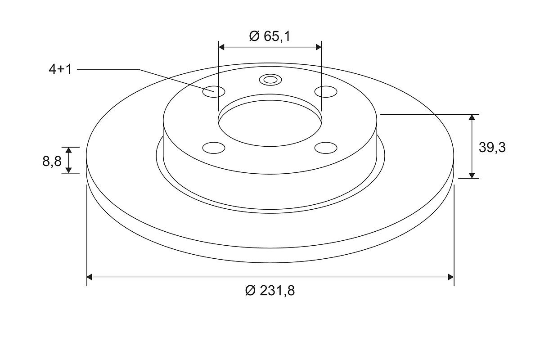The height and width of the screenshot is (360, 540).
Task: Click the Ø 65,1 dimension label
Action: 270,36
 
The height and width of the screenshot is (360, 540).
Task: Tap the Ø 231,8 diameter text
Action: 270,290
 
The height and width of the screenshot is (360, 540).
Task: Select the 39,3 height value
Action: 492,147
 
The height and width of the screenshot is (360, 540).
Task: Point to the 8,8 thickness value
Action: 52,161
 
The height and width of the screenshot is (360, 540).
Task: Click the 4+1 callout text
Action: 60,69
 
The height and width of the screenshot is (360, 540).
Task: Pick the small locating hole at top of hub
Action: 270,80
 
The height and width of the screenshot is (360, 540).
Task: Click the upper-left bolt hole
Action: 214,92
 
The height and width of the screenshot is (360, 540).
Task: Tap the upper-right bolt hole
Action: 326,92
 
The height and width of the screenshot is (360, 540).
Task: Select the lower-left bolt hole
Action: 214,148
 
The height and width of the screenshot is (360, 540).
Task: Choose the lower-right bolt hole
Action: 326,148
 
